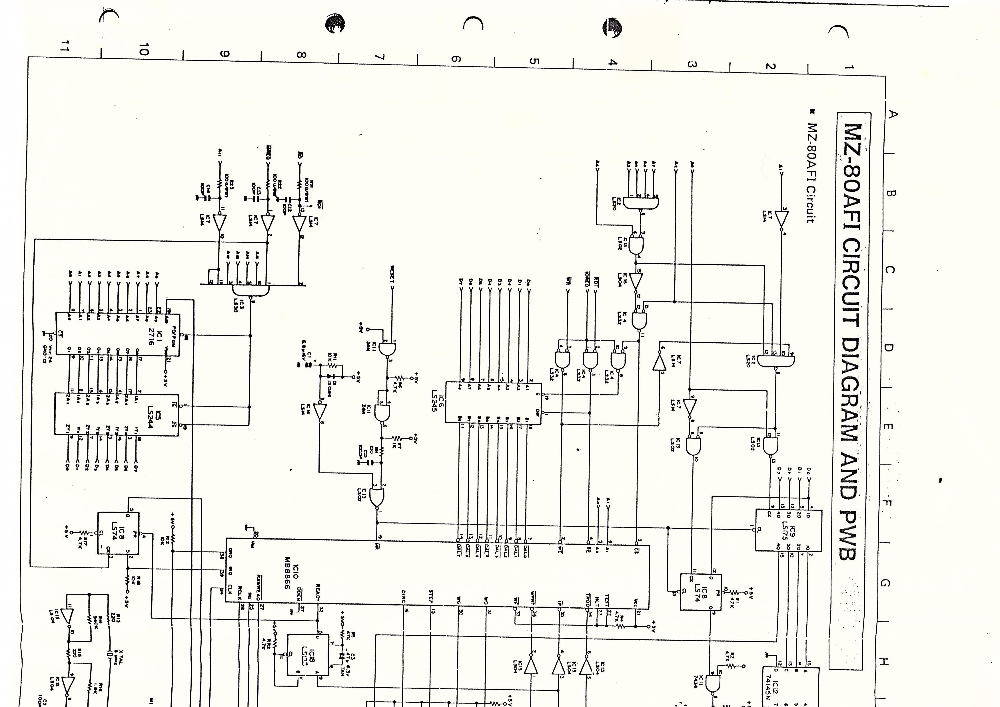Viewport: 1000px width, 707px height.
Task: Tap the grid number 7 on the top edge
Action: coord(379,57)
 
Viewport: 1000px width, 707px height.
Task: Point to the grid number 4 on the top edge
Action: coord(612,62)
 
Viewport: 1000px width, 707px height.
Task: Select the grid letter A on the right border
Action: coord(893,114)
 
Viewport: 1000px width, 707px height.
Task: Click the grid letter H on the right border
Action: coord(883,661)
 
